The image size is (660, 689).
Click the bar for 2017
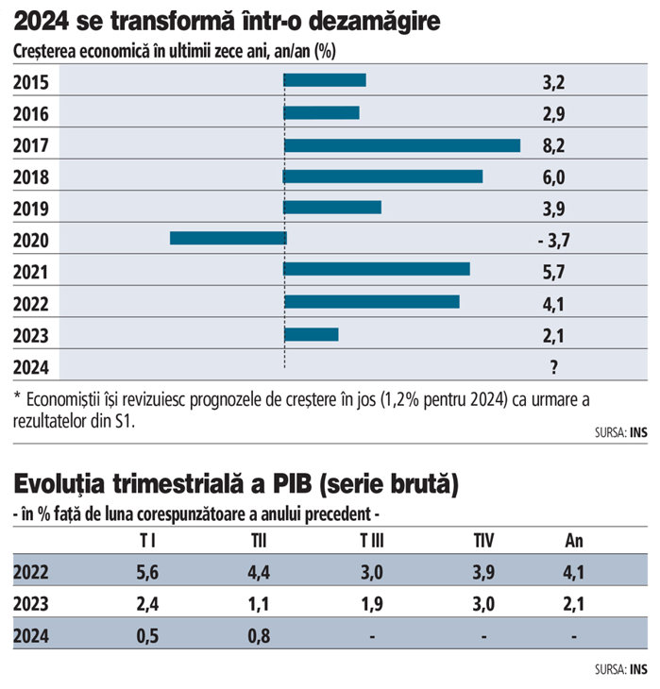[402, 145]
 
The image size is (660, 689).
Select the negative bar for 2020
[228, 238]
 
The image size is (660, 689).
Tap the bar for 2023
[311, 334]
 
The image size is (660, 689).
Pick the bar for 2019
[332, 207]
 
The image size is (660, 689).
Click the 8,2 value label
[552, 145]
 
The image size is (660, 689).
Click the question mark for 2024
[553, 366]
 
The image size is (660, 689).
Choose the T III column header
[371, 540]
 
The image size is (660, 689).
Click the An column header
[574, 540]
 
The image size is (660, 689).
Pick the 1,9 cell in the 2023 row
[371, 604]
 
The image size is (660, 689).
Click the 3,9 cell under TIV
[483, 572]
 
